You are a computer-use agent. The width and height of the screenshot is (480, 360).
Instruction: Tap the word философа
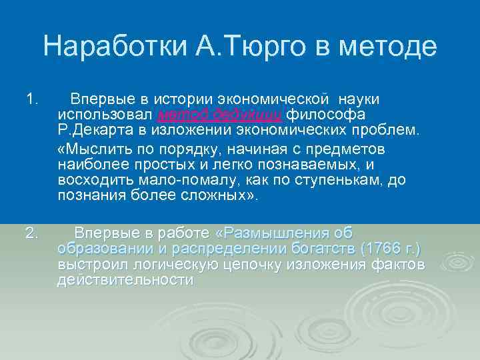tap(319, 114)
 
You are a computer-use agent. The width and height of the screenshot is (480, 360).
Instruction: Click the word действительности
tap(125, 281)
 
